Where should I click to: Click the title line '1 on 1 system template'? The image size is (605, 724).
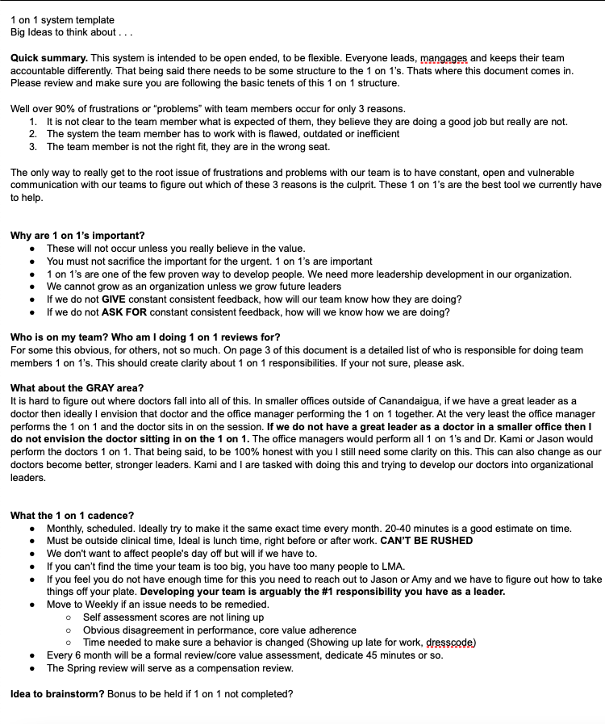pos(62,19)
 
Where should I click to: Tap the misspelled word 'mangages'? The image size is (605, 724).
pos(444,59)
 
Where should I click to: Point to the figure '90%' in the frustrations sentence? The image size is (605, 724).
pos(70,109)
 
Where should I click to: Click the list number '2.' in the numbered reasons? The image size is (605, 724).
pos(32,134)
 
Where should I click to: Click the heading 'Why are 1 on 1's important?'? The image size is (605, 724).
pos(77,236)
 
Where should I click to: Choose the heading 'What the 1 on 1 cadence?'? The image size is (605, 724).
pos(72,516)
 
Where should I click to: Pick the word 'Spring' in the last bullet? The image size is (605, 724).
pos(82,668)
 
